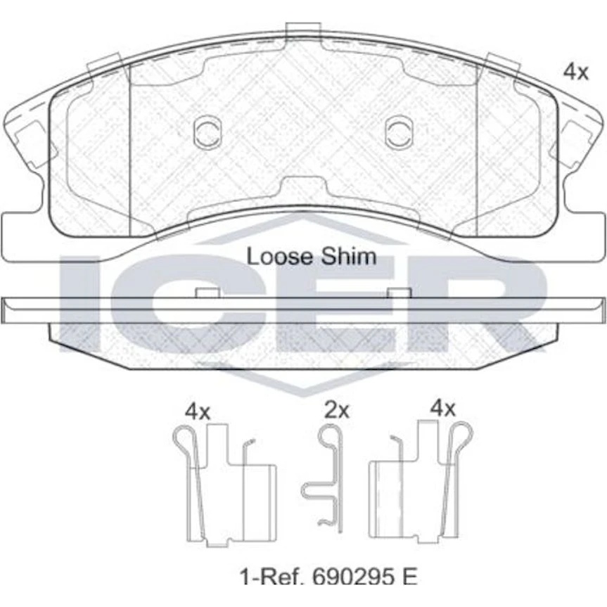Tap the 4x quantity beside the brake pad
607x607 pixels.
[x=575, y=72]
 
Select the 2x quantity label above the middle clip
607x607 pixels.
[x=337, y=410]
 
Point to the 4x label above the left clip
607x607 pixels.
[x=198, y=412]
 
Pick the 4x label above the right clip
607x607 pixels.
[x=443, y=409]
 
